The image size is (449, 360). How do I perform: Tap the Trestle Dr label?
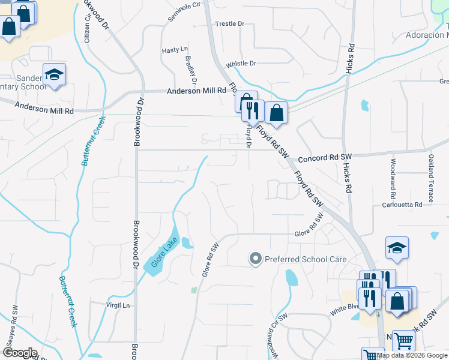(x=230, y=24)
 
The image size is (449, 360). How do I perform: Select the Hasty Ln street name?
(x=175, y=50)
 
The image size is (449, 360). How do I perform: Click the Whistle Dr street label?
(x=241, y=64)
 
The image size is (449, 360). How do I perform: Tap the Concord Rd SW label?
(x=325, y=157)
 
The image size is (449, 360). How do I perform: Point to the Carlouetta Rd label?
(x=402, y=205)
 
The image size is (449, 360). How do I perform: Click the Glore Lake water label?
(x=161, y=253)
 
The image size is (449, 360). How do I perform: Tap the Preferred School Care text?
(x=306, y=259)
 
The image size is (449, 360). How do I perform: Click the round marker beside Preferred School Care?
(x=255, y=259)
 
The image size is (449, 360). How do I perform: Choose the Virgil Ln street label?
(x=118, y=305)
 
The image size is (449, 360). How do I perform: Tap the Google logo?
(x=20, y=353)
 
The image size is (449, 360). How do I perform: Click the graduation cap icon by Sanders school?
(x=54, y=74)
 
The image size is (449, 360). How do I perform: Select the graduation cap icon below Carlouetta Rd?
(x=397, y=248)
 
